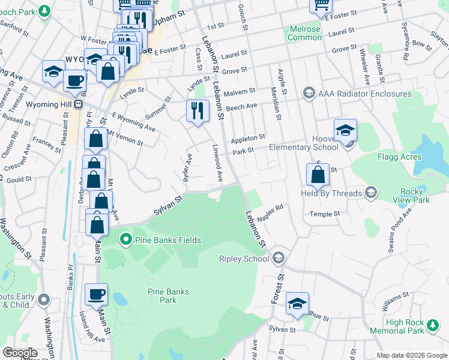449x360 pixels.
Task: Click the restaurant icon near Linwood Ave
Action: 196,110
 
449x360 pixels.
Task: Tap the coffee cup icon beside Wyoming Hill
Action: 74,80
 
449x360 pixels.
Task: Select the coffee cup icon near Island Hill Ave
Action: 96,294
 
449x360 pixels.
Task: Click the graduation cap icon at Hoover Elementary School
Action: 345,130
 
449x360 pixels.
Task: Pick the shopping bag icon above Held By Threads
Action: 318,175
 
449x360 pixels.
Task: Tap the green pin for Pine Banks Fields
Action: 125,241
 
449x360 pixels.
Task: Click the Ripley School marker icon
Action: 278,257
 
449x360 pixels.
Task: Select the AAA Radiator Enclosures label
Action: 365,94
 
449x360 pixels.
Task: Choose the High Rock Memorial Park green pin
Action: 432,326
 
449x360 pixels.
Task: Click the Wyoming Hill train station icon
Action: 78,104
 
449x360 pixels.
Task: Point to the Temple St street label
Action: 325,214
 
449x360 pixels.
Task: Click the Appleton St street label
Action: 248,137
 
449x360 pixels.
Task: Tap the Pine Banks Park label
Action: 168,296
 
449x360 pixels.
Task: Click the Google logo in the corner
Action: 19,353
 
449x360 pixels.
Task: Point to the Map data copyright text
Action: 411,355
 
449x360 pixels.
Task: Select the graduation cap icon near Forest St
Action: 297,304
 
